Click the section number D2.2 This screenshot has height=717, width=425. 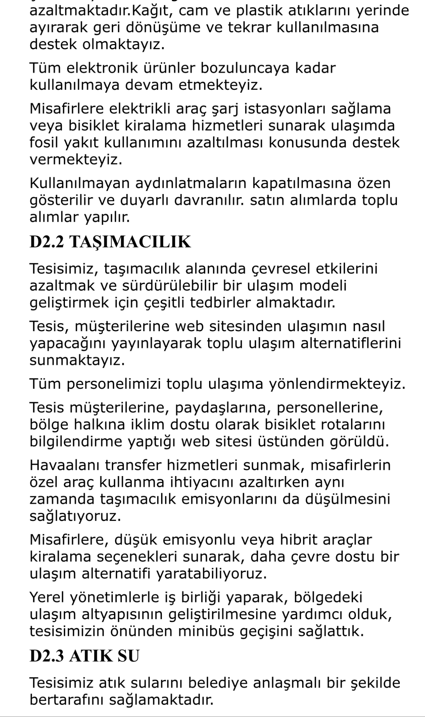point(47,242)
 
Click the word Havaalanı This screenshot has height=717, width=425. point(65,466)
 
